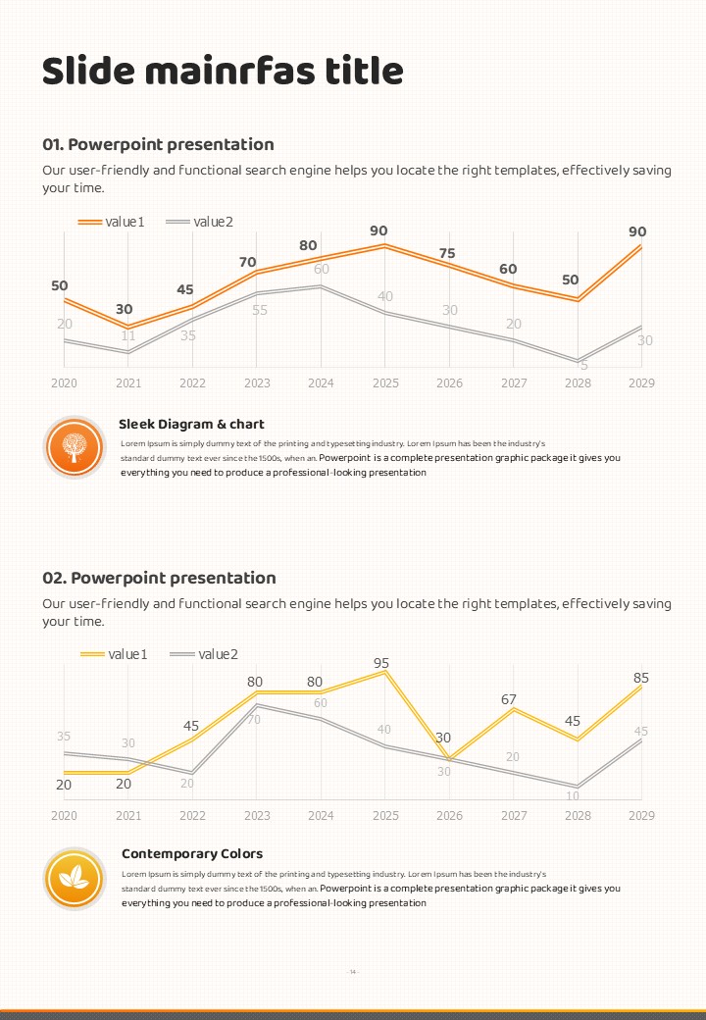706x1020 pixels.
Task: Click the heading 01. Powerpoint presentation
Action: [158, 144]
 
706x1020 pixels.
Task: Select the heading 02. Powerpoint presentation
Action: [159, 578]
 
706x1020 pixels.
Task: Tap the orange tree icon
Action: [74, 446]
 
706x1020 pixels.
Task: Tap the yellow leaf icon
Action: [74, 877]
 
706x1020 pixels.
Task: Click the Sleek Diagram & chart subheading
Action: [191, 425]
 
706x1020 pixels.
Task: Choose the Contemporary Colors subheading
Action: [192, 853]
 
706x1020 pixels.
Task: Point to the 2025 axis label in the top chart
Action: [385, 382]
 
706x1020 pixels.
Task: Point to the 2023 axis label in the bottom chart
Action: [257, 815]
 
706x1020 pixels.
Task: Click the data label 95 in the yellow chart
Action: [381, 663]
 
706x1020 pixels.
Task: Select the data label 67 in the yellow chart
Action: [508, 699]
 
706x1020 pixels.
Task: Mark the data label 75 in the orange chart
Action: [447, 253]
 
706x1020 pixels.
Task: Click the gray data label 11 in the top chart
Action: [128, 335]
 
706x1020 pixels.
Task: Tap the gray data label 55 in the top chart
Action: [260, 310]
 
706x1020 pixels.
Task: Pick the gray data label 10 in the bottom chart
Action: [573, 795]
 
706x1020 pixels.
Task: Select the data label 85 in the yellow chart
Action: [641, 678]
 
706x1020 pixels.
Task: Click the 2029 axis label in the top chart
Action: [641, 382]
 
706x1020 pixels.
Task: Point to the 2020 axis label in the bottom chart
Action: [64, 815]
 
